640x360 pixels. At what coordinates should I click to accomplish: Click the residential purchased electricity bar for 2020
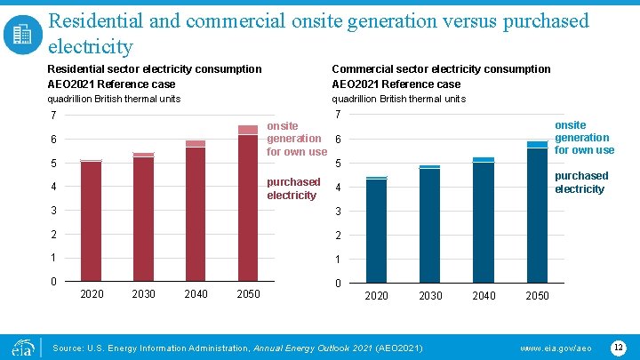pyautogui.click(x=91, y=222)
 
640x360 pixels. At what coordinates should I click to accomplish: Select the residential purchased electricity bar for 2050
pyautogui.click(x=248, y=209)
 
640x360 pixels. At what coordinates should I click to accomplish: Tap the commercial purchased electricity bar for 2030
pyautogui.click(x=430, y=227)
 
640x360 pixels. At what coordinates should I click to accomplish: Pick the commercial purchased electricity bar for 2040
pyautogui.click(x=484, y=223)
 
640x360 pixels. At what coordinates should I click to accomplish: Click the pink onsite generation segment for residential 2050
pyautogui.click(x=248, y=130)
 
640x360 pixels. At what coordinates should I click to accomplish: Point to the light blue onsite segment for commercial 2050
pyautogui.click(x=537, y=144)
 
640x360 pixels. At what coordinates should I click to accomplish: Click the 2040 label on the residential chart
pyautogui.click(x=196, y=294)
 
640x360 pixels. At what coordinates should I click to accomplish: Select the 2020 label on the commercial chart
pyautogui.click(x=377, y=295)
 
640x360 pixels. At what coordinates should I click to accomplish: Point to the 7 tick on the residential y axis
pyautogui.click(x=54, y=116)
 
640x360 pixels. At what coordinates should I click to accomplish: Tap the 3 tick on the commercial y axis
pyautogui.click(x=338, y=212)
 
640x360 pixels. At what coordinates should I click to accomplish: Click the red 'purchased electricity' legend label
pyautogui.click(x=293, y=188)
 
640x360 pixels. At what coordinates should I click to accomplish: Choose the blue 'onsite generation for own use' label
pyautogui.click(x=582, y=138)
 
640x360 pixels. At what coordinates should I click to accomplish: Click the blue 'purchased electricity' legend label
pyautogui.click(x=581, y=182)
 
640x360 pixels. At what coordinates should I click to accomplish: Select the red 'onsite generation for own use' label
pyautogui.click(x=296, y=139)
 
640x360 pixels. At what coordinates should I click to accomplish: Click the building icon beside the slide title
pyautogui.click(x=22, y=35)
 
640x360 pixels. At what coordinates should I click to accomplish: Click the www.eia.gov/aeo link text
pyautogui.click(x=556, y=346)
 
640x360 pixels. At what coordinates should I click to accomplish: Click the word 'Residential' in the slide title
pyautogui.click(x=98, y=20)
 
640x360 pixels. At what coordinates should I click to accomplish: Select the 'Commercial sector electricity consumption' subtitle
pyautogui.click(x=441, y=68)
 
